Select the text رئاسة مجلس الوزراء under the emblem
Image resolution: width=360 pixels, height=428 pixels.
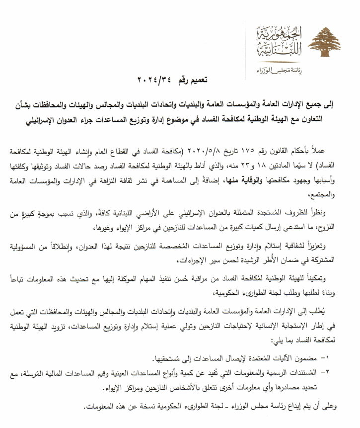[278, 68]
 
